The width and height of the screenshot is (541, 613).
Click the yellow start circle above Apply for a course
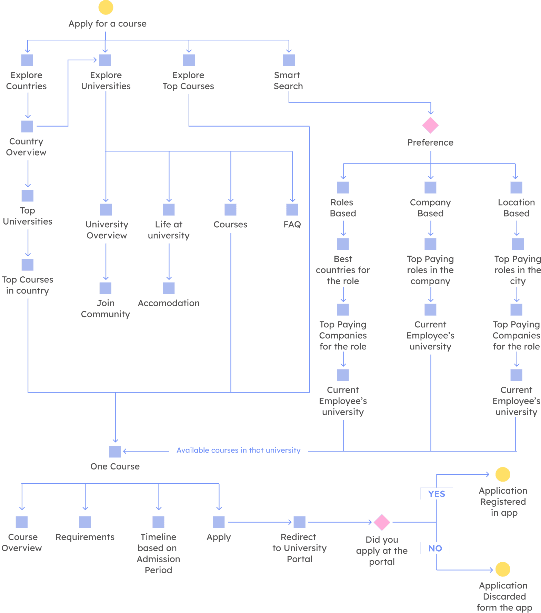pyautogui.click(x=106, y=7)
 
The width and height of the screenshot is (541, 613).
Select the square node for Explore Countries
pyautogui.click(x=27, y=60)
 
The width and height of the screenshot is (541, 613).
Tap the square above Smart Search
pyautogui.click(x=289, y=60)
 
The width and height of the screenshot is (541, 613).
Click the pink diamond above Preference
pyautogui.click(x=430, y=125)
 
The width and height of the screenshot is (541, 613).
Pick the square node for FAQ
pyautogui.click(x=292, y=209)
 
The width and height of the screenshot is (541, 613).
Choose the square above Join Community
pyautogui.click(x=106, y=288)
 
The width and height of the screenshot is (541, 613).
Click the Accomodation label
pyautogui.click(x=169, y=303)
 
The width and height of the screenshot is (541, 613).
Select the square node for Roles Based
pyautogui.click(x=343, y=187)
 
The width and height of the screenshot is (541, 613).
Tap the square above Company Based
pyautogui.click(x=430, y=187)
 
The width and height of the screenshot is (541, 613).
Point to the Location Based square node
pyautogui.click(x=516, y=187)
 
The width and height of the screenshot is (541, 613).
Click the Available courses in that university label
pyautogui.click(x=238, y=450)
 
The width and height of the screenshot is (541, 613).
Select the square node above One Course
pyautogui.click(x=115, y=451)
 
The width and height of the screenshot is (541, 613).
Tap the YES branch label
pyautogui.click(x=437, y=494)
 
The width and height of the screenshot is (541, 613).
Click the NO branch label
pyautogui.click(x=435, y=548)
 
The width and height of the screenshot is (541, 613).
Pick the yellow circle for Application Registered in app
pyautogui.click(x=503, y=474)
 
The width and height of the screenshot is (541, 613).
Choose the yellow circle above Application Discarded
pyautogui.click(x=503, y=569)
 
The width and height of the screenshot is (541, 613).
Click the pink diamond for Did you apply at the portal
pyautogui.click(x=382, y=522)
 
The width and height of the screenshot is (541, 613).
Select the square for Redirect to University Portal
pyautogui.click(x=299, y=522)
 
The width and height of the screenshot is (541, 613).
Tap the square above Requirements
pyautogui.click(x=85, y=522)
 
